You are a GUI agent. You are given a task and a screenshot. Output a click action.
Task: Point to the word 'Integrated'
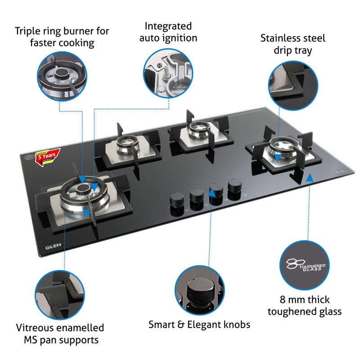click(168, 26)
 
